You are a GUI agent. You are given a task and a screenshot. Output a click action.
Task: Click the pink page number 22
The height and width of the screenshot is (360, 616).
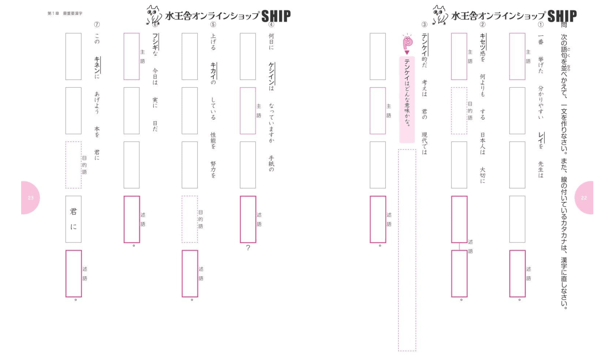click(x=584, y=198)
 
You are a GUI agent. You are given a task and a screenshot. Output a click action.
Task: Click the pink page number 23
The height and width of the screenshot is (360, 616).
click(x=31, y=198)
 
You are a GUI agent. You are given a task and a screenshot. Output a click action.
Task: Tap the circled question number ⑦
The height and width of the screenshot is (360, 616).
click(x=97, y=25)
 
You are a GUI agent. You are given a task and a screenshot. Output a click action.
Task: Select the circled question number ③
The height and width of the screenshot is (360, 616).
click(x=425, y=25)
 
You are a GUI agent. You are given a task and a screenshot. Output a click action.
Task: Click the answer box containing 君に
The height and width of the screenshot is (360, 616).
click(x=74, y=219)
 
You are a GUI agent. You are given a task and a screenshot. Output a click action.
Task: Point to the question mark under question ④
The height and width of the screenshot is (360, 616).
click(x=248, y=248)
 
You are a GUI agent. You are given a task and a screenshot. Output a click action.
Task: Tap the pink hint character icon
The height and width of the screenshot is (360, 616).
click(x=407, y=43)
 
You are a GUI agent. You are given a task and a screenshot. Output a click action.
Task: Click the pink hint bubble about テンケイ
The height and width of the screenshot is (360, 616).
click(x=407, y=99)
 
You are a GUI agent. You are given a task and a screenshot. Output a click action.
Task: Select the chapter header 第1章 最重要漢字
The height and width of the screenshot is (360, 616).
click(x=65, y=14)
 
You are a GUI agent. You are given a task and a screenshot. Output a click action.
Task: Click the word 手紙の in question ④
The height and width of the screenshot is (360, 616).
click(x=271, y=163)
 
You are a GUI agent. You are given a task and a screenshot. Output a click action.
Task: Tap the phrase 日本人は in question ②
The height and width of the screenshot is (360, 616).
click(x=483, y=143)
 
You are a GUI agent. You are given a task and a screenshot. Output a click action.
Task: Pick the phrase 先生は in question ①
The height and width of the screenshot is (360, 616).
click(x=541, y=169)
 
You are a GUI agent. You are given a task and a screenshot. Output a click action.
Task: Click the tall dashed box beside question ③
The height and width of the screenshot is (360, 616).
click(x=407, y=250)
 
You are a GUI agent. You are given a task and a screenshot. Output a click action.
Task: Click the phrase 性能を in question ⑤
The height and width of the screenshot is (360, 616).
click(x=213, y=140)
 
